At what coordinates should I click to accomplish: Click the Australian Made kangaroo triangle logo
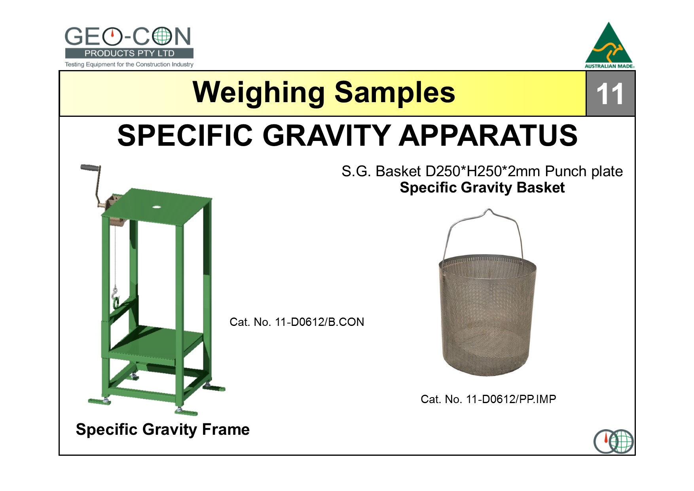[x=609, y=45]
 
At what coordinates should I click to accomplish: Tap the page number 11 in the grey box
[x=610, y=94]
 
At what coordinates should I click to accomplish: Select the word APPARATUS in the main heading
[x=488, y=135]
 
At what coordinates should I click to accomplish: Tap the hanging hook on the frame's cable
[x=115, y=295]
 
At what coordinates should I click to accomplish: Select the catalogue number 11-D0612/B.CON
[x=319, y=322]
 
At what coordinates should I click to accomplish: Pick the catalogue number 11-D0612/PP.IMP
[x=511, y=399]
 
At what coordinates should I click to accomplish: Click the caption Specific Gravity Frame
[x=163, y=430]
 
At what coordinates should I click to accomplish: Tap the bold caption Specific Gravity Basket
[x=482, y=188]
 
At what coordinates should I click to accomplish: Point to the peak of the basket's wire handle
[x=489, y=210]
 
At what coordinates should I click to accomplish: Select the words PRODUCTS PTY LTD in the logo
[x=129, y=53]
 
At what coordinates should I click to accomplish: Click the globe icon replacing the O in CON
[x=162, y=36]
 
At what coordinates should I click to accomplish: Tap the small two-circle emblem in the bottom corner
[x=613, y=442]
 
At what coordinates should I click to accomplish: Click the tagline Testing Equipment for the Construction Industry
[x=129, y=64]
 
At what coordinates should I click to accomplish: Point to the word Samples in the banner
[x=395, y=93]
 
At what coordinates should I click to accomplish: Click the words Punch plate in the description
[x=584, y=171]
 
